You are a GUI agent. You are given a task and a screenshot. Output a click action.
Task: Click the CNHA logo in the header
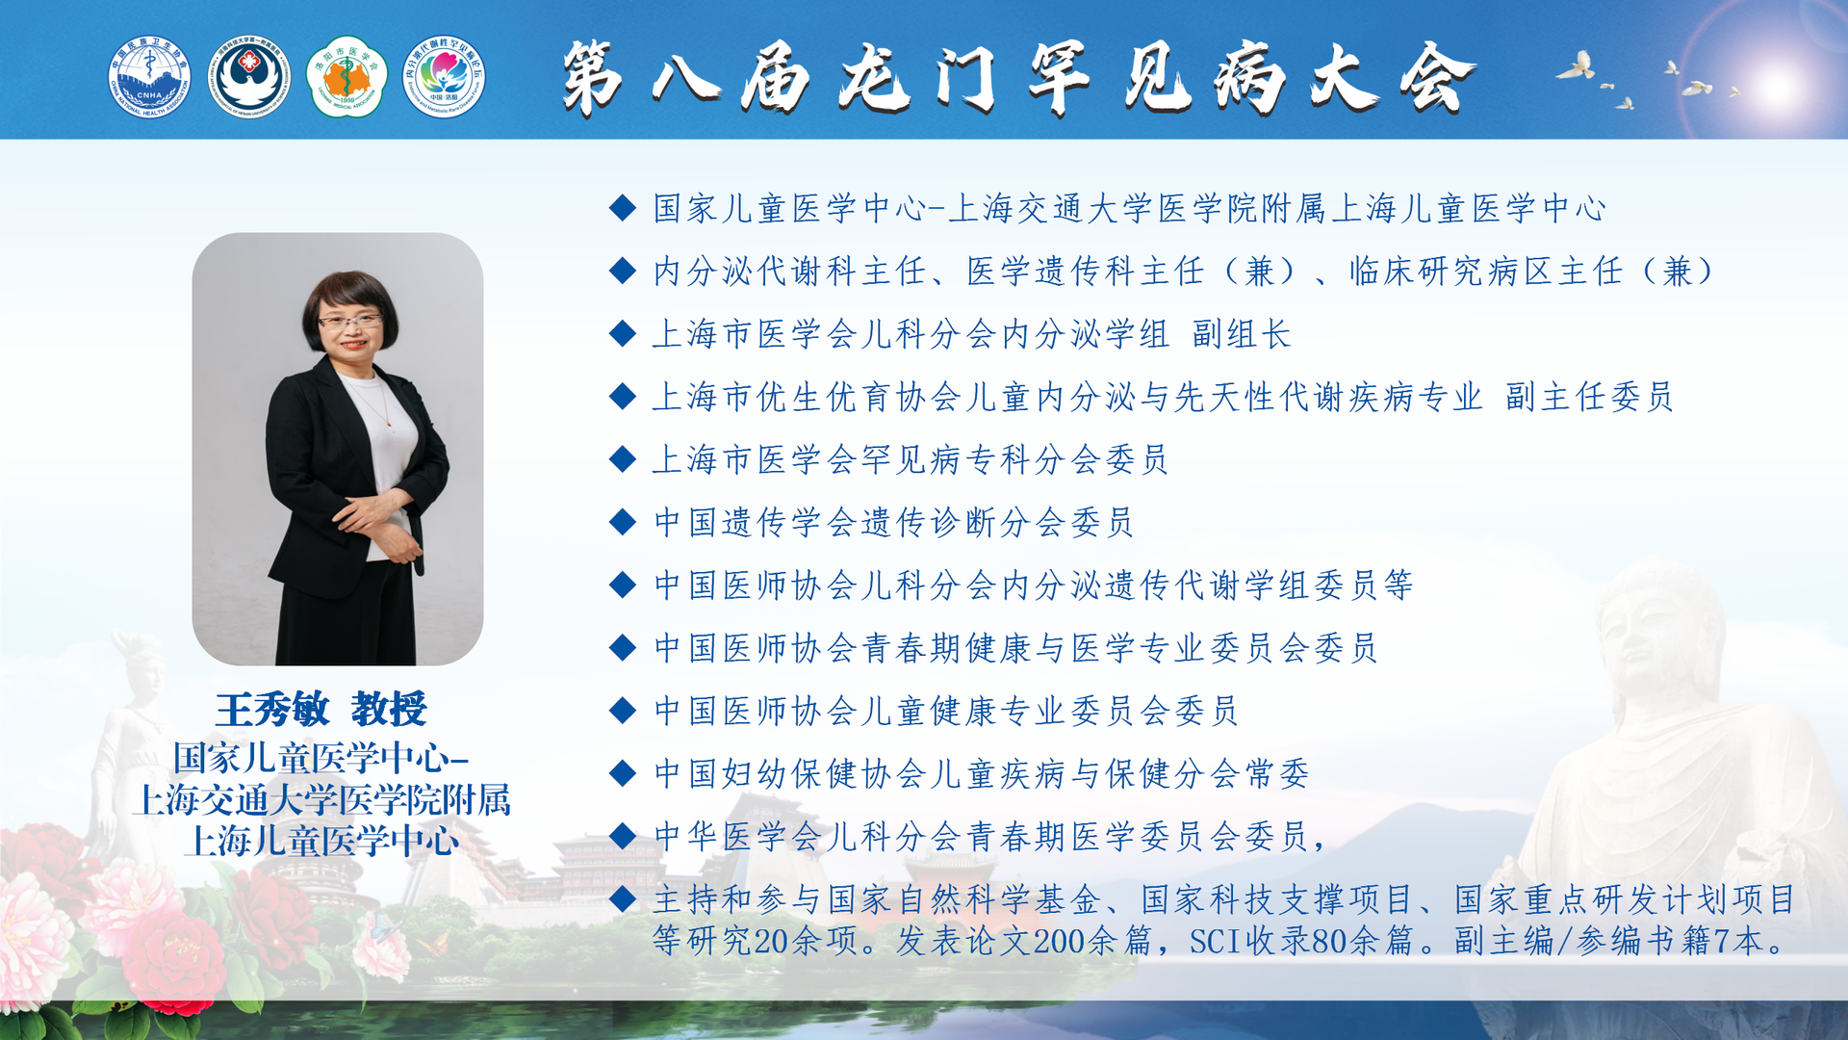149,77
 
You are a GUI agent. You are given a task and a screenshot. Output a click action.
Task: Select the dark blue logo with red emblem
249,77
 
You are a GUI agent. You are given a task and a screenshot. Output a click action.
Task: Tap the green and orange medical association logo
346,77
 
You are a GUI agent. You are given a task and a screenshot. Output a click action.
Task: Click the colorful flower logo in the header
444,77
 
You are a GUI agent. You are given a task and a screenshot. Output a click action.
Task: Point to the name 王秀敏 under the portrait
272,710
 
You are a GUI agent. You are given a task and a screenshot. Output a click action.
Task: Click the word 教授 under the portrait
389,710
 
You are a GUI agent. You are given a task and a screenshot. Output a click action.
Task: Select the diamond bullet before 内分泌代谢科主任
623,271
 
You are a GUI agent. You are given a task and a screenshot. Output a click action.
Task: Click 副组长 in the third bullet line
1242,334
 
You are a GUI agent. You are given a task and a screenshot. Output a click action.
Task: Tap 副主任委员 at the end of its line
1589,397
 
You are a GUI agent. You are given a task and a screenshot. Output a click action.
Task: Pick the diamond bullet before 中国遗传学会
623,522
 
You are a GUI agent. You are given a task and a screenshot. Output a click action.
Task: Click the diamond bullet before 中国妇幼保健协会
623,772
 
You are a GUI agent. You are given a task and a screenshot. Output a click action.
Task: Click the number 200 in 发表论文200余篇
1059,941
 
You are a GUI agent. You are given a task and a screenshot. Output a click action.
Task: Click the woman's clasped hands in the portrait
380,525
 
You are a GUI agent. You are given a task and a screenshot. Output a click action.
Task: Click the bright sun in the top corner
1776,87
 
